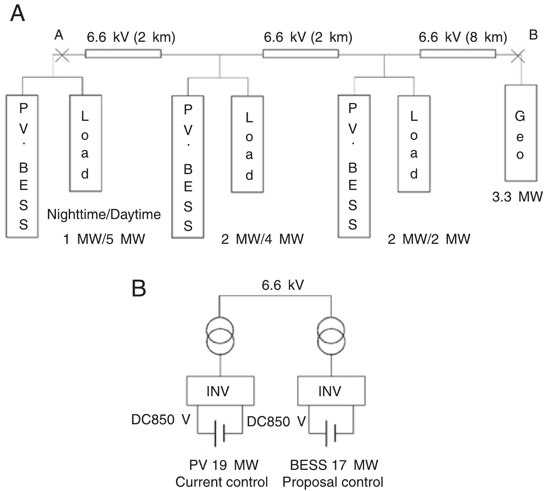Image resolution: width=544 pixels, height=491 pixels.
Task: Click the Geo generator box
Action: (520, 133)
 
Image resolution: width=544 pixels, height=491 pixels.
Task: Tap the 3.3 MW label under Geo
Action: (517, 197)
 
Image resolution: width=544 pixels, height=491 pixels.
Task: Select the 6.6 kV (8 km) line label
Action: (462, 37)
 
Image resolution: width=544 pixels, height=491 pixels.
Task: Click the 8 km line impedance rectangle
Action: (457, 54)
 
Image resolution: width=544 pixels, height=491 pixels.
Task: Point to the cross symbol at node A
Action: (62, 55)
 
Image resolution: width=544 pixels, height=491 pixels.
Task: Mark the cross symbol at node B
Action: (518, 56)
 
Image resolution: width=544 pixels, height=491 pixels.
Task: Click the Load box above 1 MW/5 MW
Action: (86, 144)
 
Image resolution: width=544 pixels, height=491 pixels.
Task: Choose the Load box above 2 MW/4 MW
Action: (247, 144)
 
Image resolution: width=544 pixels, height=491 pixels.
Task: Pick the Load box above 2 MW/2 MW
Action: (414, 144)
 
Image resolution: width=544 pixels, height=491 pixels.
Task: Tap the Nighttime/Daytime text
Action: (104, 215)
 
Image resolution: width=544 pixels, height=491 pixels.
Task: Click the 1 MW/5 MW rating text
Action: (104, 239)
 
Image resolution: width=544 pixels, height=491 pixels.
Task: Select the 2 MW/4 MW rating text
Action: (262, 239)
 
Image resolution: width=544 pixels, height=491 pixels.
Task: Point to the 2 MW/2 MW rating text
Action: (429, 239)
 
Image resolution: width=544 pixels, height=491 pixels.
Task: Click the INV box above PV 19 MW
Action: (220, 391)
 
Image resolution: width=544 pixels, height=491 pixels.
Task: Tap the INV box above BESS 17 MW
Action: (331, 391)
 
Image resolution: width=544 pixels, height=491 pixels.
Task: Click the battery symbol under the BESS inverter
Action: (330, 433)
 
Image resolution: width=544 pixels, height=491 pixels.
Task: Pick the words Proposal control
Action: (333, 482)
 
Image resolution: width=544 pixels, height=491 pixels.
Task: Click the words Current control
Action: (221, 482)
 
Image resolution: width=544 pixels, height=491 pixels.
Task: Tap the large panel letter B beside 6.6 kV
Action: (139, 288)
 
